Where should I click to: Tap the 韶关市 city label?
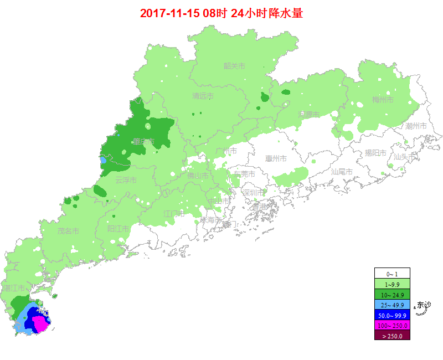pyautogui.click(x=234, y=66)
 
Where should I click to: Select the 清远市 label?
pyautogui.click(x=203, y=96)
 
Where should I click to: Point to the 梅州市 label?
pyautogui.click(x=383, y=100)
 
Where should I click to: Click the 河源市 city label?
pyautogui.click(x=309, y=115)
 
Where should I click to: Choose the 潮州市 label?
pyautogui.click(x=416, y=126)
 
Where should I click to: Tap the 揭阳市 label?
pyautogui.click(x=375, y=153)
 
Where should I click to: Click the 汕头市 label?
pyautogui.click(x=404, y=157)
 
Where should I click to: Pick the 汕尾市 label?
pyautogui.click(x=342, y=172)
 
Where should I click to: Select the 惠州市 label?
pyautogui.click(x=276, y=159)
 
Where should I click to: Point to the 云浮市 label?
pyautogui.click(x=125, y=180)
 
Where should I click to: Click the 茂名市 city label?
pyautogui.click(x=68, y=231)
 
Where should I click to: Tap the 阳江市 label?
pyautogui.click(x=118, y=229)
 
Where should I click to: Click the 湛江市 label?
pyautogui.click(x=14, y=289)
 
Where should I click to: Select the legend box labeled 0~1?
pyautogui.click(x=392, y=274)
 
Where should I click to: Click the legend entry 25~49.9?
pyautogui.click(x=392, y=305)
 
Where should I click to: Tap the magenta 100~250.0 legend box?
pyautogui.click(x=392, y=326)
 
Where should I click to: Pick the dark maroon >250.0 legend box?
pyautogui.click(x=392, y=336)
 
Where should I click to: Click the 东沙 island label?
pyautogui.click(x=424, y=305)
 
